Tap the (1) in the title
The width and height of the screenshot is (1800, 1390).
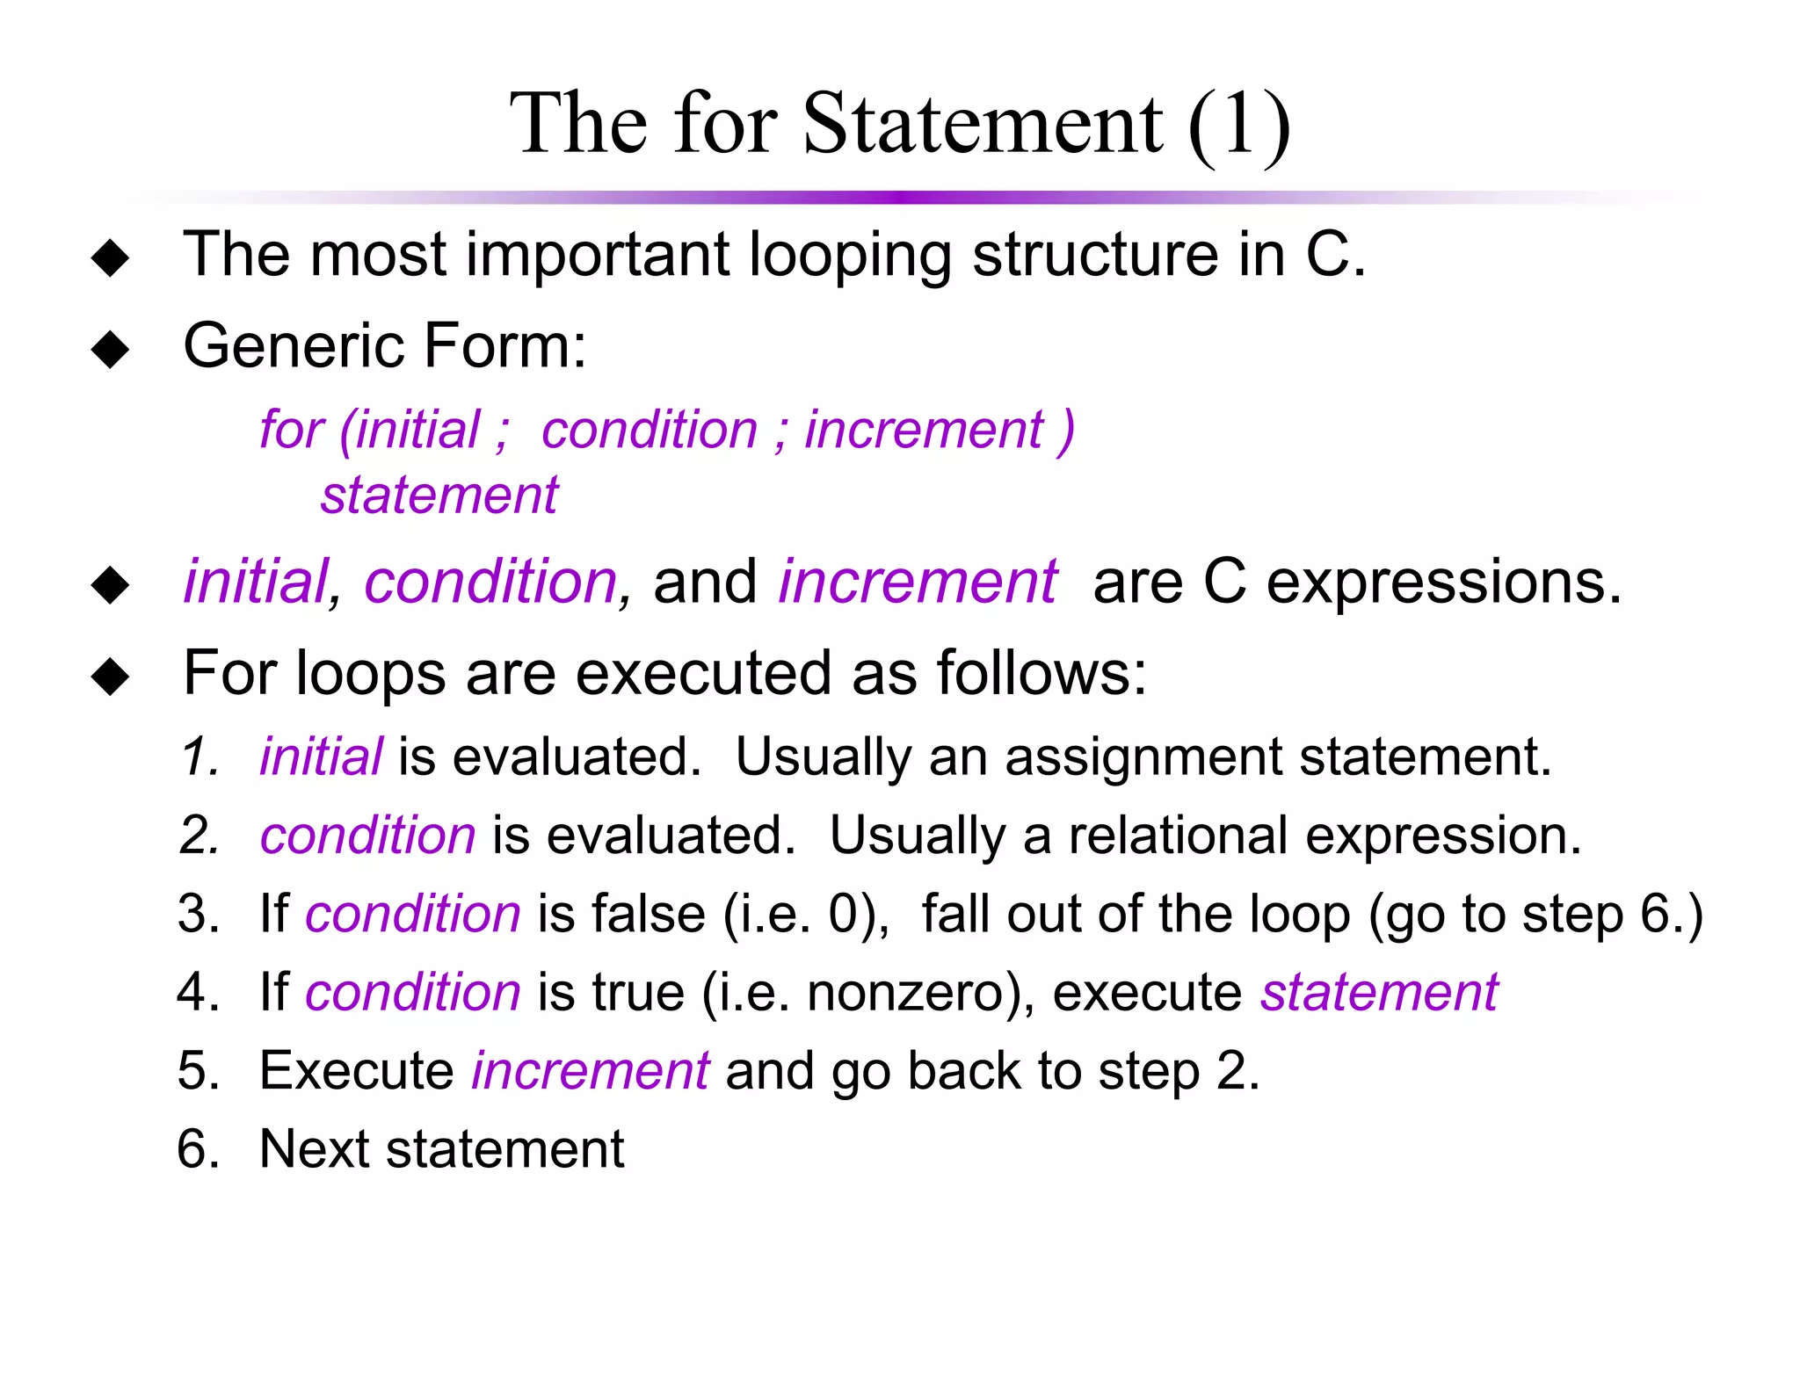[1239, 126]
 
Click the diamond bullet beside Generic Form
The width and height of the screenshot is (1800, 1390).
[110, 349]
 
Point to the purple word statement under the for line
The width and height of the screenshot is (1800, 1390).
[439, 495]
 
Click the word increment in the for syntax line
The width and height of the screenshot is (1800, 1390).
[924, 430]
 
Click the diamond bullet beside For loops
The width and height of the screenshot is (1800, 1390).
[110, 677]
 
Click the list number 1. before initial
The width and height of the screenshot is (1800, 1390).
[200, 757]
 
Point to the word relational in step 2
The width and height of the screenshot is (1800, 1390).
[1178, 835]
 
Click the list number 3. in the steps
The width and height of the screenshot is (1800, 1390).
[199, 913]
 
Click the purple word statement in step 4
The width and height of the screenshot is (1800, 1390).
[1379, 992]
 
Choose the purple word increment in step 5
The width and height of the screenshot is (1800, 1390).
[590, 1070]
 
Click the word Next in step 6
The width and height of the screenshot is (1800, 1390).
[315, 1148]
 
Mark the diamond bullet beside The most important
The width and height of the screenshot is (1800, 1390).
[110, 257]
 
